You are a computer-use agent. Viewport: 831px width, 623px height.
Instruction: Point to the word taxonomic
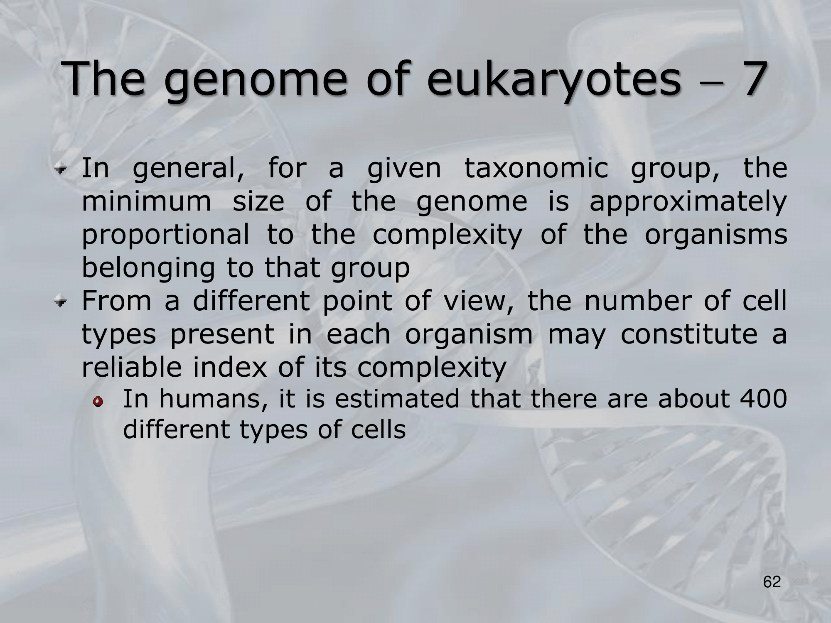click(x=536, y=169)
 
